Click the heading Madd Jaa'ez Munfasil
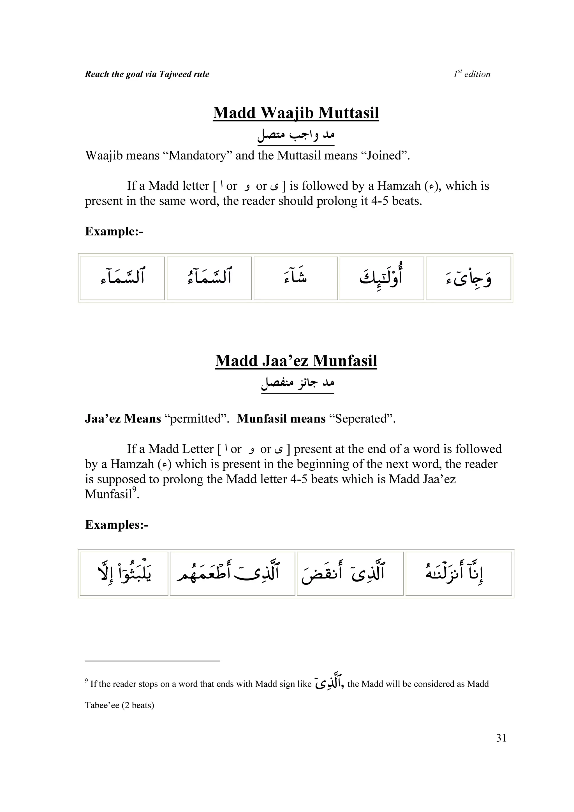296,361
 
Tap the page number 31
501,738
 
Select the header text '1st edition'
472,74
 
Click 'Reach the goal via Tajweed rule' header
147,74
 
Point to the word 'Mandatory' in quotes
197,156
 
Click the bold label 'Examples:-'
116,525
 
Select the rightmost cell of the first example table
468,278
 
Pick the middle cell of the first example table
295,278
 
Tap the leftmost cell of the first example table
122,278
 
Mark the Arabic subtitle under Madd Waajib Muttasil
296,135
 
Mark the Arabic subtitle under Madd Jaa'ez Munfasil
297,383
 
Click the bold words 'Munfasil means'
281,419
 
